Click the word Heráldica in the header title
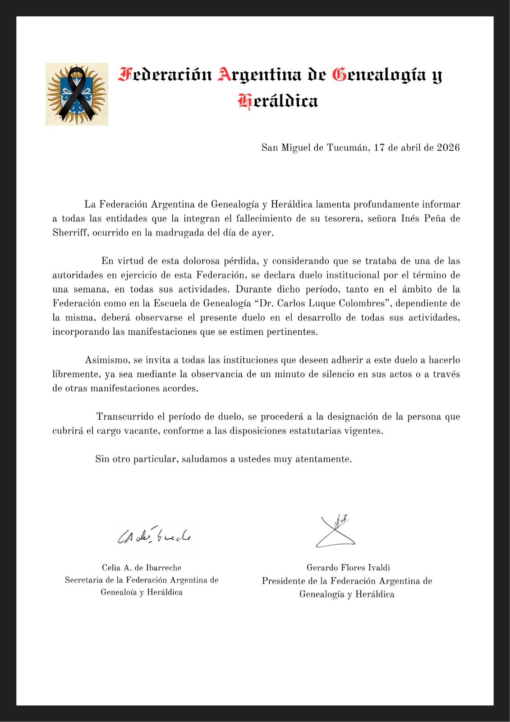tap(278, 101)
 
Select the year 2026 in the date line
tap(448, 148)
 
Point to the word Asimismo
tap(106, 360)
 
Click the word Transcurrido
tap(125, 417)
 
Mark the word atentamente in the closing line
tap(323, 459)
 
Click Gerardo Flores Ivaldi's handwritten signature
tap(335, 532)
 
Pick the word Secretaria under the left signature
tap(84, 580)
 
